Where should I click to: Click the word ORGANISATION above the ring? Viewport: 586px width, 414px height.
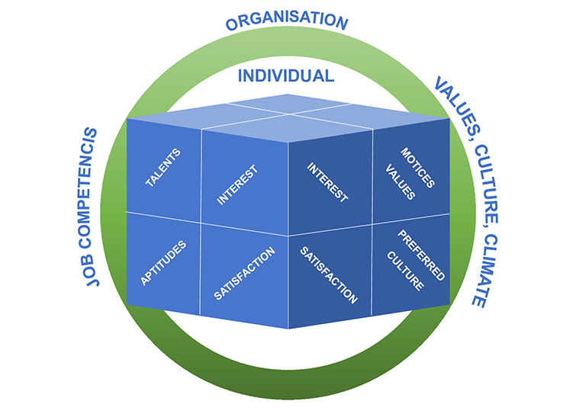[286, 20]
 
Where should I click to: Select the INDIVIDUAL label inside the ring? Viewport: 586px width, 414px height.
[286, 75]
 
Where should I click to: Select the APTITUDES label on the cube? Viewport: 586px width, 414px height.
[163, 263]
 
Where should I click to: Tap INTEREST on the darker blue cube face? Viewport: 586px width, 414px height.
[327, 182]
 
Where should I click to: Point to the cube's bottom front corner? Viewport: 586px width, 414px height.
[288, 329]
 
